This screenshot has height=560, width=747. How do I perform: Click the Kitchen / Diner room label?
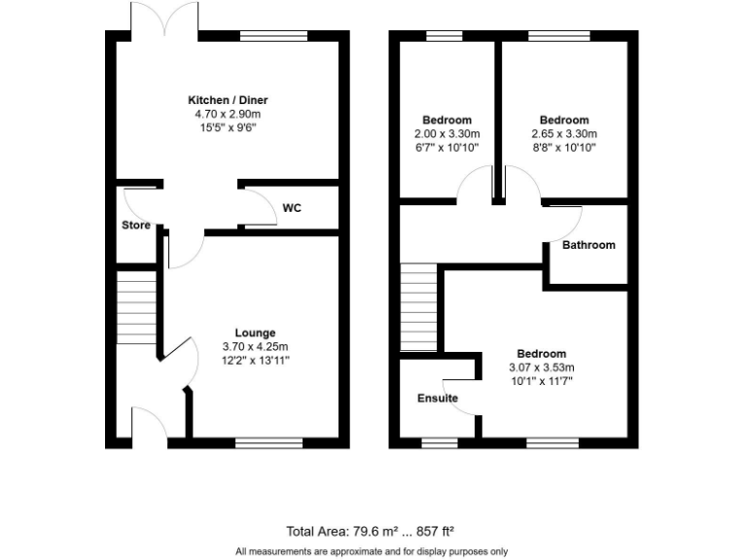pyautogui.click(x=228, y=100)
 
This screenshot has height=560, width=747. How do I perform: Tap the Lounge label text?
pyautogui.click(x=255, y=332)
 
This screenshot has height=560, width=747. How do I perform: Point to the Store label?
pyautogui.click(x=136, y=226)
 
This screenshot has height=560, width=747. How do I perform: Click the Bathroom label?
pyautogui.click(x=588, y=245)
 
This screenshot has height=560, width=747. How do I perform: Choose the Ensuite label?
pyautogui.click(x=438, y=399)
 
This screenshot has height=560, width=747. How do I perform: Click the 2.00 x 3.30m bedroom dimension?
pyautogui.click(x=446, y=134)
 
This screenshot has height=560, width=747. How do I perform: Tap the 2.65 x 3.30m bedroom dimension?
pyautogui.click(x=564, y=134)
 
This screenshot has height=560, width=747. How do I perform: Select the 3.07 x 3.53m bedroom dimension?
pyautogui.click(x=542, y=367)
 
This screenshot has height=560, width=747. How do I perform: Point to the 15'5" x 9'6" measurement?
pyautogui.click(x=228, y=127)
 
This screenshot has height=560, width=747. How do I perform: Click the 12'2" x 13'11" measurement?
pyautogui.click(x=255, y=360)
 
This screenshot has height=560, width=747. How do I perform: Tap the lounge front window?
pyautogui.click(x=268, y=442)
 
